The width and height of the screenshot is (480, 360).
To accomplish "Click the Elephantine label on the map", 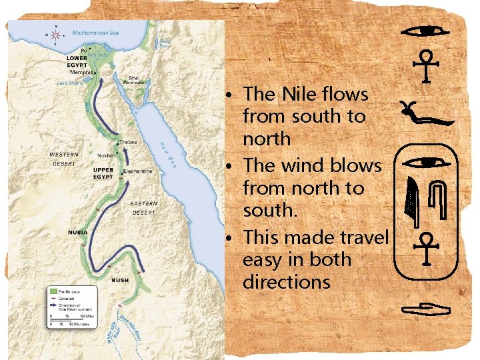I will click(137, 171).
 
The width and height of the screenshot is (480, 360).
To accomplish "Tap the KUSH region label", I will click(120, 280).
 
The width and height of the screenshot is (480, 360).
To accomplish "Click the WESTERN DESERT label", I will click(65, 157).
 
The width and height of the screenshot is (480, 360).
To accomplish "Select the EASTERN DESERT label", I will click(144, 207).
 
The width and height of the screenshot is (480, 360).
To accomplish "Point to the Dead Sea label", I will click(165, 44).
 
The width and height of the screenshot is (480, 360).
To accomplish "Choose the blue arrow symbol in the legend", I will click(53, 306).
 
